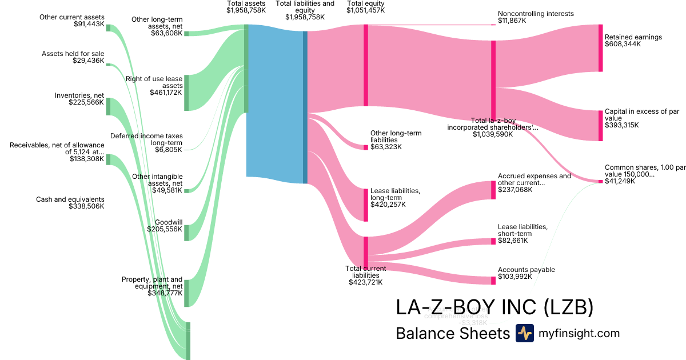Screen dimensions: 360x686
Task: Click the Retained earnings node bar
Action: pyautogui.click(x=600, y=48)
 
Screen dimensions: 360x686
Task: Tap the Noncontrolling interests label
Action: pyautogui.click(x=536, y=13)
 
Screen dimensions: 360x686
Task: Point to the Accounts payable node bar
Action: pyautogui.click(x=493, y=280)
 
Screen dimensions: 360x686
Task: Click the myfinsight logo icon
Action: pyautogui.click(x=524, y=333)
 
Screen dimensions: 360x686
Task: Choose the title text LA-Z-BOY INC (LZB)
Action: pyautogui.click(x=494, y=307)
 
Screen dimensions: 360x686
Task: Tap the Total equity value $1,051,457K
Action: pyautogui.click(x=366, y=10)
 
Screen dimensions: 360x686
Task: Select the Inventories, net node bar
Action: pyautogui.click(x=108, y=106)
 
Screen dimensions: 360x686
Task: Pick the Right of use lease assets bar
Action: pyautogui.click(x=186, y=93)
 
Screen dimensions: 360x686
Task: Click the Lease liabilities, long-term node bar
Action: pyautogui.click(x=366, y=205)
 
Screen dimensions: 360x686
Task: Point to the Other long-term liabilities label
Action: pyautogui.click(x=396, y=136)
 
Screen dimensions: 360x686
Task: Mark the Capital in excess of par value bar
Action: pyautogui.click(x=600, y=126)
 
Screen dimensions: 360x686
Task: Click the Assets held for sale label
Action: pyautogui.click(x=73, y=54)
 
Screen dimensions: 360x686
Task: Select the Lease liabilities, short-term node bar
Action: pyautogui.click(x=493, y=241)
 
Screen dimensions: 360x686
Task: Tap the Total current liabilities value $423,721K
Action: pyautogui.click(x=366, y=282)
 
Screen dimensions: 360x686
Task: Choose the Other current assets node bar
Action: pyautogui.click(x=108, y=28)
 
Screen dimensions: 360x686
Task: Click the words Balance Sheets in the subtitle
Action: pyautogui.click(x=452, y=333)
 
